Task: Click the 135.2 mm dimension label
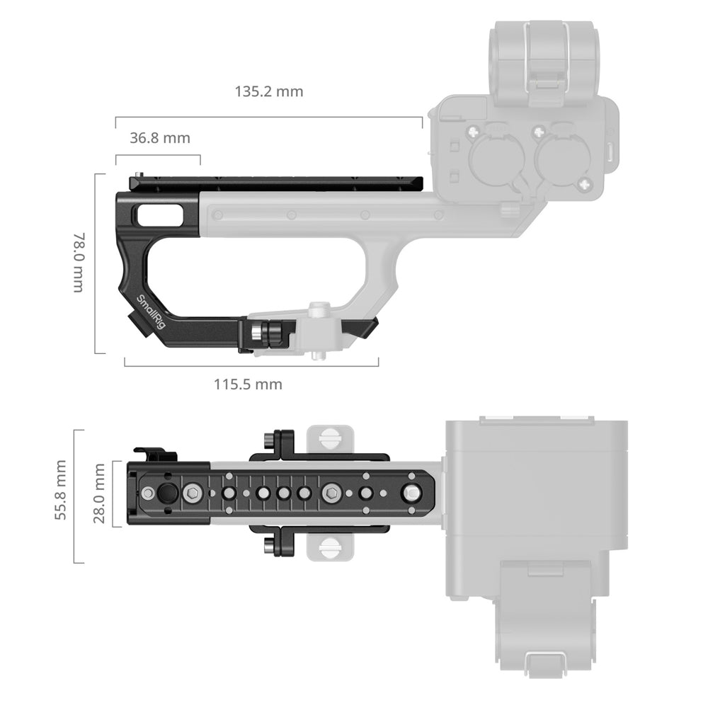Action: pos(268,91)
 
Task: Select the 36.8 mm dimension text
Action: pos(160,138)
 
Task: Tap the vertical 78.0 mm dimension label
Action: pos(79,263)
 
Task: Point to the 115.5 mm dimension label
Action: pos(248,384)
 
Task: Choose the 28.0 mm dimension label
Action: pos(99,493)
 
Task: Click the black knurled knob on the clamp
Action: pos(273,334)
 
